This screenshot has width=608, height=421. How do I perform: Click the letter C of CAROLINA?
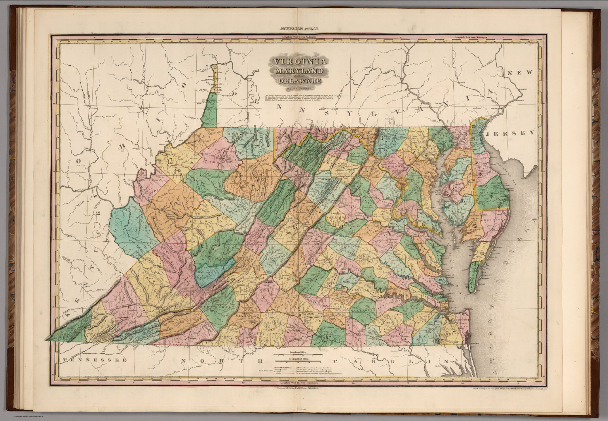336,361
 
